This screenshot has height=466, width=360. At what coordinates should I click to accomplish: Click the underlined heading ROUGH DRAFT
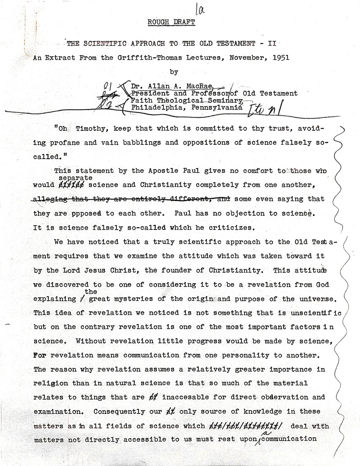(x=172, y=22)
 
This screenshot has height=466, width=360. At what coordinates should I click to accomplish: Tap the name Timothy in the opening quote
(x=88, y=128)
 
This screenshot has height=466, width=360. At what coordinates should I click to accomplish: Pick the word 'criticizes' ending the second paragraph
(x=235, y=227)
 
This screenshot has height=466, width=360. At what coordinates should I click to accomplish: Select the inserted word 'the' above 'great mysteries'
(x=91, y=292)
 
